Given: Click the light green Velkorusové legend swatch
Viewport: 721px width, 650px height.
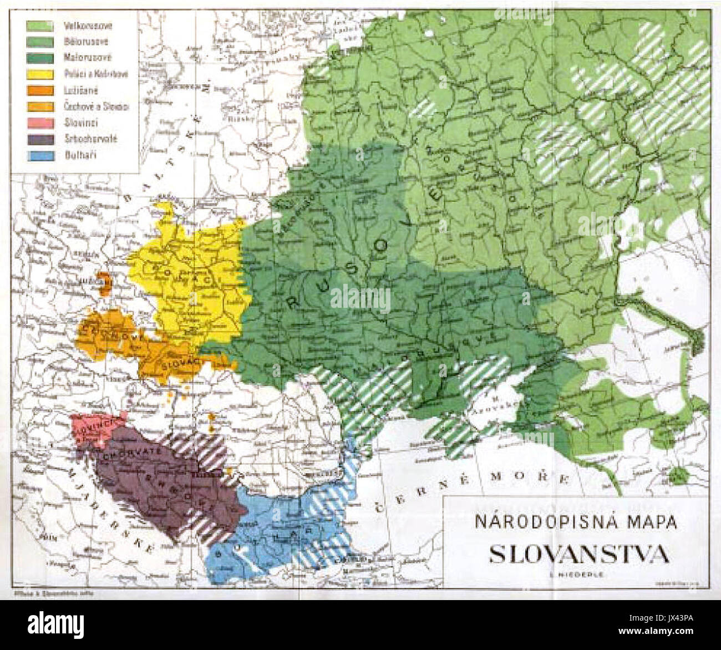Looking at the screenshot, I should click(40, 26).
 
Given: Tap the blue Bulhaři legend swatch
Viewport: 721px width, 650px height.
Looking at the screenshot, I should click(40, 155).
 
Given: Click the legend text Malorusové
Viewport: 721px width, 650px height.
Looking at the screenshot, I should click(88, 58).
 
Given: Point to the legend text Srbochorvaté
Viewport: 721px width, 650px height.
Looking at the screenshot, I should click(90, 139).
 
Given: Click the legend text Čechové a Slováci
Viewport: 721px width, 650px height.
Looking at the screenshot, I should click(96, 106).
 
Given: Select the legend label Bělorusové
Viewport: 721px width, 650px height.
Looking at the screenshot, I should click(86, 42).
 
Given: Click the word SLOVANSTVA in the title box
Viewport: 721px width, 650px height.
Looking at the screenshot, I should click(578, 553).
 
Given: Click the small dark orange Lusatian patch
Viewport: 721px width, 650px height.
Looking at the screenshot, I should click(104, 283).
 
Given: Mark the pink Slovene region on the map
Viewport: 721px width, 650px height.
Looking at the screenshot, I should click(94, 428).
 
